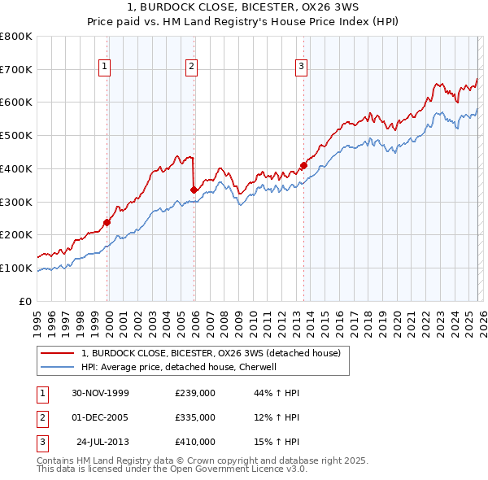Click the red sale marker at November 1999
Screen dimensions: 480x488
pyautogui.click(x=107, y=221)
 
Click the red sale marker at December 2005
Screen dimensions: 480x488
pyautogui.click(x=194, y=190)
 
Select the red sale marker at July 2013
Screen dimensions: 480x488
pyautogui.click(x=303, y=165)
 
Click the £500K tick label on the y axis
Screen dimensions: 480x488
pyautogui.click(x=16, y=135)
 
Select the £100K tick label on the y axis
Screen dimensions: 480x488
pyautogui.click(x=16, y=268)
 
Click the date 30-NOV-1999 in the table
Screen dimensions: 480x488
pyautogui.click(x=100, y=393)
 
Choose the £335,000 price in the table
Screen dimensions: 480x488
pyautogui.click(x=194, y=417)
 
